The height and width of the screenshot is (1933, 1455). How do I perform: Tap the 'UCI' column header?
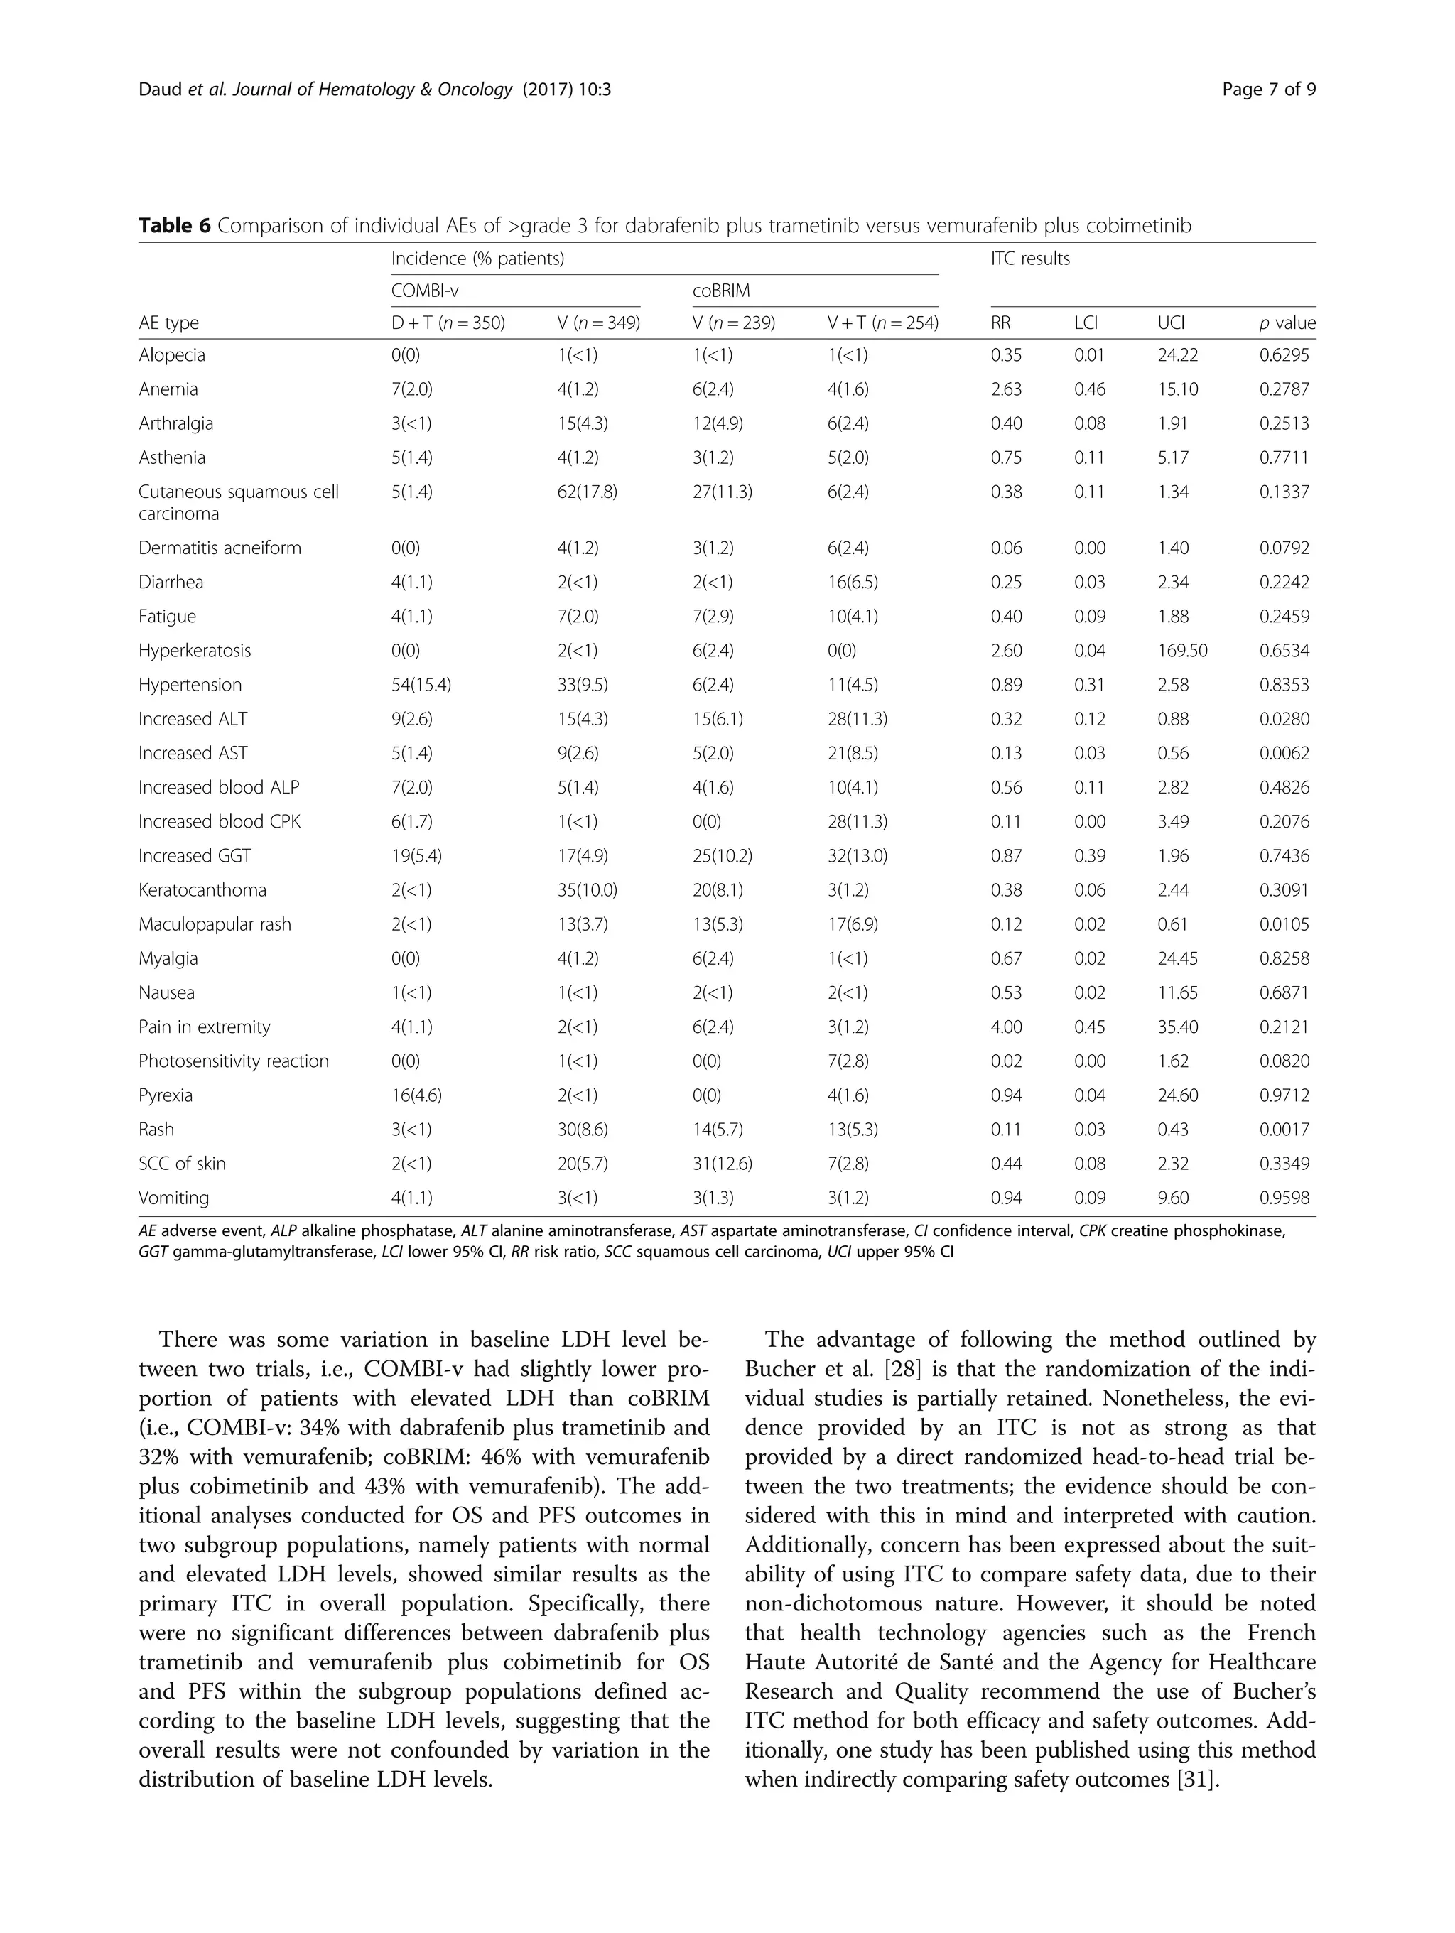point(1171,323)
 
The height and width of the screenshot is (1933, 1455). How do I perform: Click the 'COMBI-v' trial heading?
point(425,290)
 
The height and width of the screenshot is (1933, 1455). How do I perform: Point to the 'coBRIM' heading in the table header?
point(721,290)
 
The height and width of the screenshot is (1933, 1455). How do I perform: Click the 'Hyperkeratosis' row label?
point(194,650)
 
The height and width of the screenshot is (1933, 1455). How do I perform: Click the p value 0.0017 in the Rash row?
point(1284,1129)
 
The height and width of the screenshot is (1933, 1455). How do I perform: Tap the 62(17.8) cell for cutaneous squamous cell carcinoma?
point(586,491)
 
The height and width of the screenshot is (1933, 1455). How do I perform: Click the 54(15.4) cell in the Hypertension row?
point(421,684)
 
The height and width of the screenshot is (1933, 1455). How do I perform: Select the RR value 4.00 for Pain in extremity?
point(1006,1027)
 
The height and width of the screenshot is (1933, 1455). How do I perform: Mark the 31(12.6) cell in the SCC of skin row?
point(722,1163)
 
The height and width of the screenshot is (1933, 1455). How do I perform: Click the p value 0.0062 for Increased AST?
point(1284,752)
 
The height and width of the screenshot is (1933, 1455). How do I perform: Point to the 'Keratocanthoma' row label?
point(202,889)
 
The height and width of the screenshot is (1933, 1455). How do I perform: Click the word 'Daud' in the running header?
point(160,89)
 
